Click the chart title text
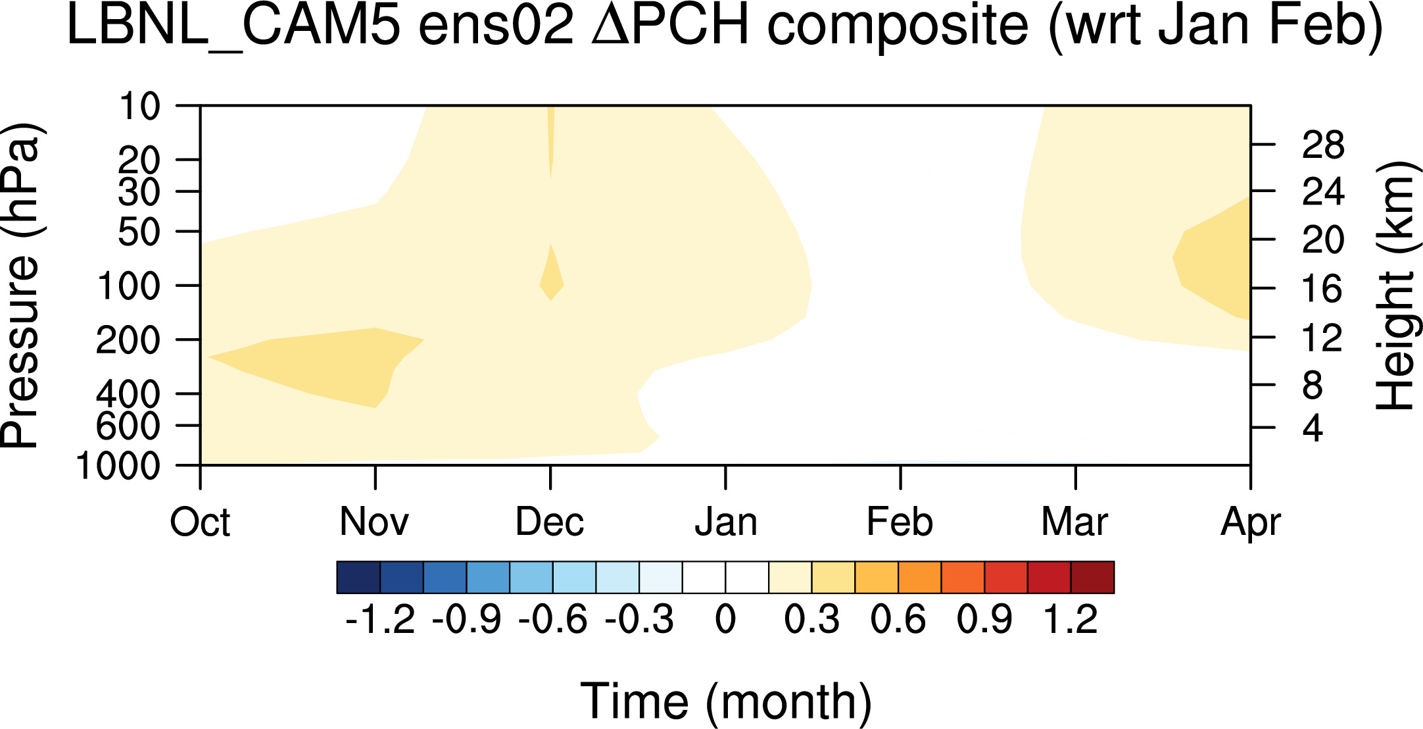tap(725, 26)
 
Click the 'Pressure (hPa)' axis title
tap(21, 286)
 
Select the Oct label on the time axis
tap(200, 522)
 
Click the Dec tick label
tap(550, 522)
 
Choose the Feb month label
tap(900, 522)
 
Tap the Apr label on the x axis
tap(1251, 524)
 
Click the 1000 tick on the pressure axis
tap(118, 466)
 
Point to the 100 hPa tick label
tap(129, 286)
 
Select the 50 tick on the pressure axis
tap(139, 232)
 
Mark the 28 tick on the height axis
tap(1323, 145)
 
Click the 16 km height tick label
tap(1323, 289)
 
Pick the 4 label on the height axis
tap(1313, 428)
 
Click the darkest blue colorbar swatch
tap(358, 577)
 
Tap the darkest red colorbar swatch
tap(1092, 577)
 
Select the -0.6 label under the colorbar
tap(552, 620)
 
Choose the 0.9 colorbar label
tap(984, 620)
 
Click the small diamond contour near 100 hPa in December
tap(552, 273)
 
